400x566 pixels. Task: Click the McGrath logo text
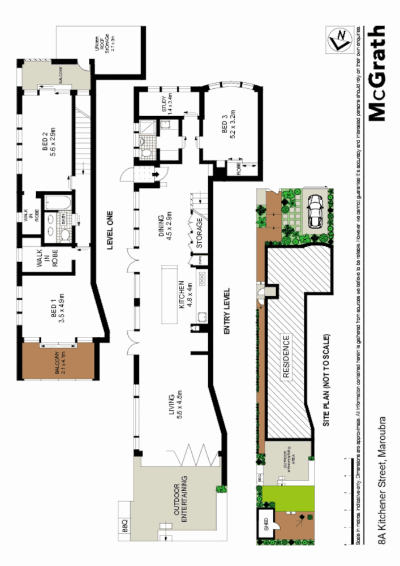pyautogui.click(x=377, y=73)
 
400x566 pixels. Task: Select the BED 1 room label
pyautogui.click(x=59, y=306)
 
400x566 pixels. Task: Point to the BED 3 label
pyautogui.click(x=228, y=130)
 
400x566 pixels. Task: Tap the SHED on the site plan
pyautogui.click(x=264, y=522)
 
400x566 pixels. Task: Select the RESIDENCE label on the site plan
pyautogui.click(x=286, y=357)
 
